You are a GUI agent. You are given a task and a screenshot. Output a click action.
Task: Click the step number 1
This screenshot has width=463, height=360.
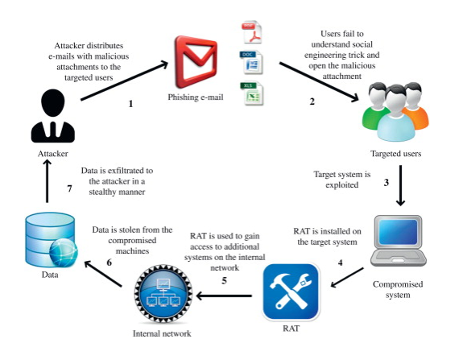[130, 104]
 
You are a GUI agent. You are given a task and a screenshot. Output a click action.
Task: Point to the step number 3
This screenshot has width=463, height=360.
[386, 183]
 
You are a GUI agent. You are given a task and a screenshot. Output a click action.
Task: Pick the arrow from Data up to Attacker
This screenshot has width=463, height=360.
[47, 181]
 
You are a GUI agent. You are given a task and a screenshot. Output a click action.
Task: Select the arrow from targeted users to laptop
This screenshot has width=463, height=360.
[401, 184]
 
